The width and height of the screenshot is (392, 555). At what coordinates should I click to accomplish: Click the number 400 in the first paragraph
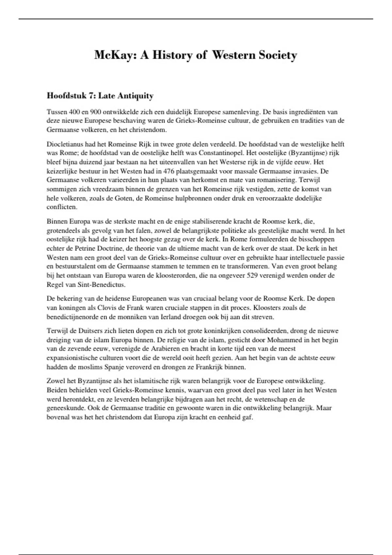point(71,112)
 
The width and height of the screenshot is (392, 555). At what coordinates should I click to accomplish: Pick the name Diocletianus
point(65,144)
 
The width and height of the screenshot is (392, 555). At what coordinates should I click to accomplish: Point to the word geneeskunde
point(63,408)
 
